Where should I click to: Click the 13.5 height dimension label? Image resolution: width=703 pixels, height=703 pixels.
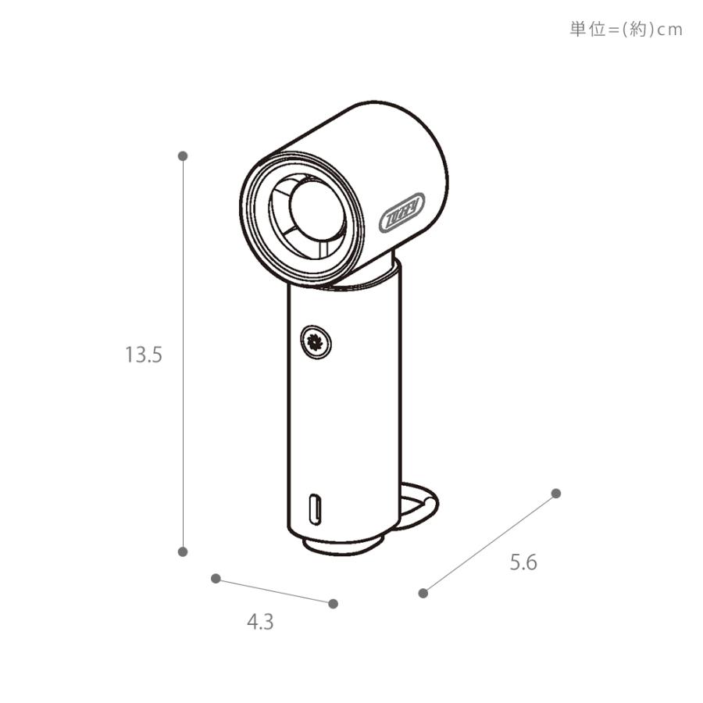143,355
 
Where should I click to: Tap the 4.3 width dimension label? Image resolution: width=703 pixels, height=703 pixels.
260,622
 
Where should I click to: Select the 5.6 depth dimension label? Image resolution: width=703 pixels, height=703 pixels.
523,562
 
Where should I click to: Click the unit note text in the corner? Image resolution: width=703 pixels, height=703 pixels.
626,30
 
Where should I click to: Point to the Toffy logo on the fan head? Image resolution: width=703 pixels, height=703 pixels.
401,212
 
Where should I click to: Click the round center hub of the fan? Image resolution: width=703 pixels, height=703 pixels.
316,205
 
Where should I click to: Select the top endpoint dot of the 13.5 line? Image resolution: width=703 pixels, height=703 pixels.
183,156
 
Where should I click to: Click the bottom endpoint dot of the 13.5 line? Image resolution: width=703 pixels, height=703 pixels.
183,551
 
